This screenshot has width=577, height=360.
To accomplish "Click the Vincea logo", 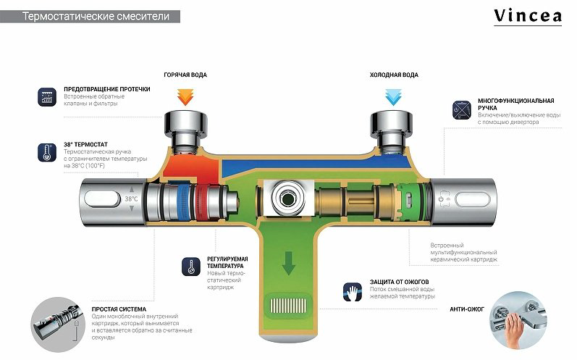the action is (x=527, y=17).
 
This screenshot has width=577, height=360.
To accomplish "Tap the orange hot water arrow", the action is (x=185, y=97).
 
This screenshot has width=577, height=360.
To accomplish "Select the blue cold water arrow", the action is (x=393, y=97).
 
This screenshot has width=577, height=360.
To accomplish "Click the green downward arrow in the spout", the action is (x=288, y=263).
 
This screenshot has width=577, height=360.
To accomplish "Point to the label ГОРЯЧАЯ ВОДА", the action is (x=185, y=75).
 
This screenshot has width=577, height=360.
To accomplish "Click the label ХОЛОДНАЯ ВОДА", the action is (x=394, y=75).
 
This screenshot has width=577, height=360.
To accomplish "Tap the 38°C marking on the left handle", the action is (x=131, y=198).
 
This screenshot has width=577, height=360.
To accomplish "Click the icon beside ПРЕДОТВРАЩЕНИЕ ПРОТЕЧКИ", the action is (x=47, y=97).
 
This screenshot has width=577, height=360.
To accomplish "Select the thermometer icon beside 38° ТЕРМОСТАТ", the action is (x=47, y=152).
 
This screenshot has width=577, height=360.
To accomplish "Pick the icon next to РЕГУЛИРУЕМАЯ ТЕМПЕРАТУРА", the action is (x=191, y=267).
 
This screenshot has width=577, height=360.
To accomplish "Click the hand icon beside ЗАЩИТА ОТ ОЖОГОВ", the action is (x=353, y=292).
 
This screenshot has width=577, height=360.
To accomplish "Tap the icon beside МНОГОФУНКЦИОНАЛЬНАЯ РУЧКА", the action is (x=462, y=110).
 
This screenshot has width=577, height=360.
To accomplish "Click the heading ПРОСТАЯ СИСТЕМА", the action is (x=119, y=309).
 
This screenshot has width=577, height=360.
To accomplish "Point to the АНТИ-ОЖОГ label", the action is (x=467, y=309).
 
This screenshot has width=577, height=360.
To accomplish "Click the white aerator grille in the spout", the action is (x=288, y=305).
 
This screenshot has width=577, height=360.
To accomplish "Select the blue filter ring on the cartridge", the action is (x=183, y=201).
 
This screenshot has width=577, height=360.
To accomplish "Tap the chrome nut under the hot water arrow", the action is (x=185, y=122).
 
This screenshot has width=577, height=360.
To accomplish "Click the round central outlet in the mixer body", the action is (x=287, y=198).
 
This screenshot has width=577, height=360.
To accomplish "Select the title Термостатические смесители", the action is (x=96, y=16).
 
